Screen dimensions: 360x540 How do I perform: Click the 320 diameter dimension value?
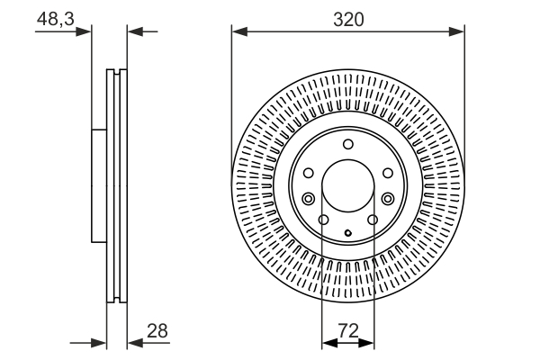coord(347,19)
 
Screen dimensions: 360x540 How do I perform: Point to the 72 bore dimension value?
coord(347,330)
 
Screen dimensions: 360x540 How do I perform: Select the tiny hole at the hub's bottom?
coord(347,234)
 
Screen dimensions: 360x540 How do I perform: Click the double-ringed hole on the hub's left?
coord(309,199)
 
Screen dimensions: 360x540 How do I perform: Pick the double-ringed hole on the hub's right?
coord(387,199)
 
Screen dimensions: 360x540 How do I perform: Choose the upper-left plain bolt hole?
coord(308,174)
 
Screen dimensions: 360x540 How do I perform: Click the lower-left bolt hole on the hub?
coord(324,220)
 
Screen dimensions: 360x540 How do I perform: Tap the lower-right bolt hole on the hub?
coord(372,220)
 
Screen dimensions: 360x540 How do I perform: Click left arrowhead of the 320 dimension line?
coord(238,32)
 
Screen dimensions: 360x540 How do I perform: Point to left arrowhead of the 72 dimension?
coord(327,343)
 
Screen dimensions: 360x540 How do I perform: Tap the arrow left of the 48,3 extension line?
coord(86,32)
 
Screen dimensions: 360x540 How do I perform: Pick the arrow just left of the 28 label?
coord(133,343)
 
